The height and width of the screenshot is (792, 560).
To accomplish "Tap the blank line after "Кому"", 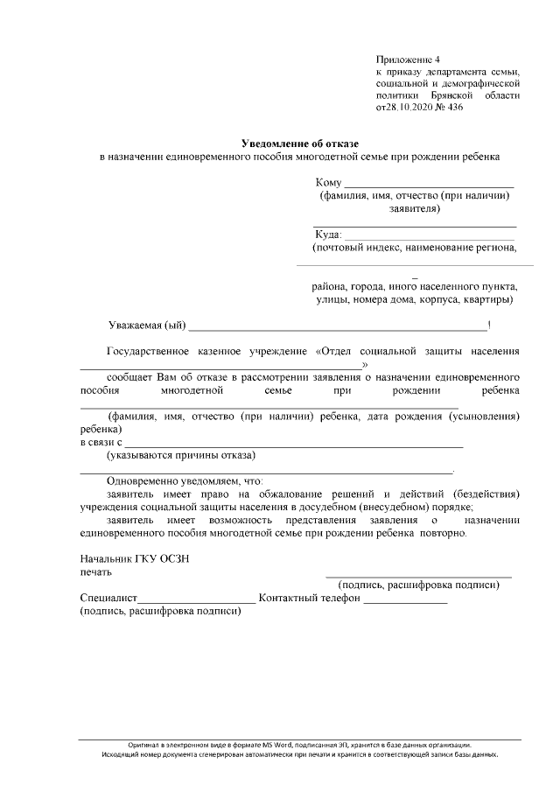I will [x=428, y=184].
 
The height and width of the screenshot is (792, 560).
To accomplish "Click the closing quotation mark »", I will [x=365, y=363].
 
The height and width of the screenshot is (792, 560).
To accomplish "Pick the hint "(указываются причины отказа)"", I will [x=180, y=456].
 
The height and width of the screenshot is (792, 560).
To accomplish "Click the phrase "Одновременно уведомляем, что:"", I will [x=185, y=481].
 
